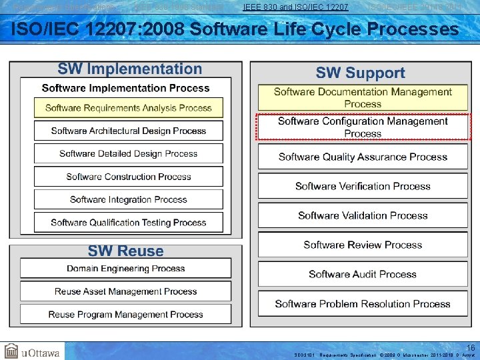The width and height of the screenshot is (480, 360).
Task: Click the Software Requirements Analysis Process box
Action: coord(128,108)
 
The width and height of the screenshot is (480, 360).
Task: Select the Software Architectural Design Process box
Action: coord(128,131)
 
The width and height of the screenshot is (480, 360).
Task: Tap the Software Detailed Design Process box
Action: coord(128,154)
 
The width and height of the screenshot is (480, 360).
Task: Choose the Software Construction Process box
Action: coord(128,177)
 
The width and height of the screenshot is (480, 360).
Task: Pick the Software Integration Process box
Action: coord(128,199)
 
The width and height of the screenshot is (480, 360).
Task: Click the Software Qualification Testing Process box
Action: coord(128,223)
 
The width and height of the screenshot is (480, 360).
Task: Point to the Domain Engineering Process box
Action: coord(126,269)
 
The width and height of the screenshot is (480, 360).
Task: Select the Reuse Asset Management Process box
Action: coord(126,291)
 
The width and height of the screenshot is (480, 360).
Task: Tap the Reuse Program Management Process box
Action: coord(126,314)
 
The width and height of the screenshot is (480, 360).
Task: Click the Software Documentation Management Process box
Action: coord(363,98)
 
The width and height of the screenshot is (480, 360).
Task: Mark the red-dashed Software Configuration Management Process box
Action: coord(363,127)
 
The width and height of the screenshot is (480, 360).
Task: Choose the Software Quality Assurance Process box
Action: coord(363,157)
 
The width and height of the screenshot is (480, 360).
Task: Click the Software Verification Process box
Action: coord(363,186)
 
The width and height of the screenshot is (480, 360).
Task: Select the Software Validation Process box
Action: coord(363,215)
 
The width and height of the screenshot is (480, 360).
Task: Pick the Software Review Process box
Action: coord(363,245)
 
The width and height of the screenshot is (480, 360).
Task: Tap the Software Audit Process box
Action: coord(363,274)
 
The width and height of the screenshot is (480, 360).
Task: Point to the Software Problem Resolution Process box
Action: coord(363,304)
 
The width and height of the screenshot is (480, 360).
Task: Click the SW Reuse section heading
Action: coord(126,251)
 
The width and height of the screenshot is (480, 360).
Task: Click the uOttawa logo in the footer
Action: coord(32,351)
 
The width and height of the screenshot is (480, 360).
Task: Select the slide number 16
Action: coord(471,348)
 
